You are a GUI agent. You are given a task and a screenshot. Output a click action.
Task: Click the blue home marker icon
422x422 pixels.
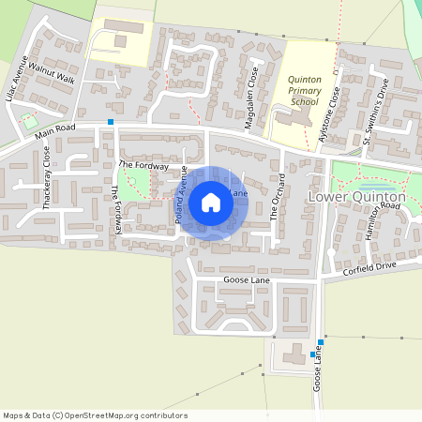(x=211, y=203)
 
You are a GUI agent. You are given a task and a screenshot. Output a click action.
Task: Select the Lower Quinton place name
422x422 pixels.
(x=356, y=198)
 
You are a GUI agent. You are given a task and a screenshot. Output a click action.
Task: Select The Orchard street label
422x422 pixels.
(x=277, y=197)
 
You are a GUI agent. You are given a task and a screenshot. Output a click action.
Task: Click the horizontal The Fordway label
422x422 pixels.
(x=143, y=165)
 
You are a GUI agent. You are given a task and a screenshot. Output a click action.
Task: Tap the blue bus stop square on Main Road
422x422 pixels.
(x=111, y=122)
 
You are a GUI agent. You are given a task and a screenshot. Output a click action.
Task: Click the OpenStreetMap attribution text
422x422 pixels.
(x=94, y=415)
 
